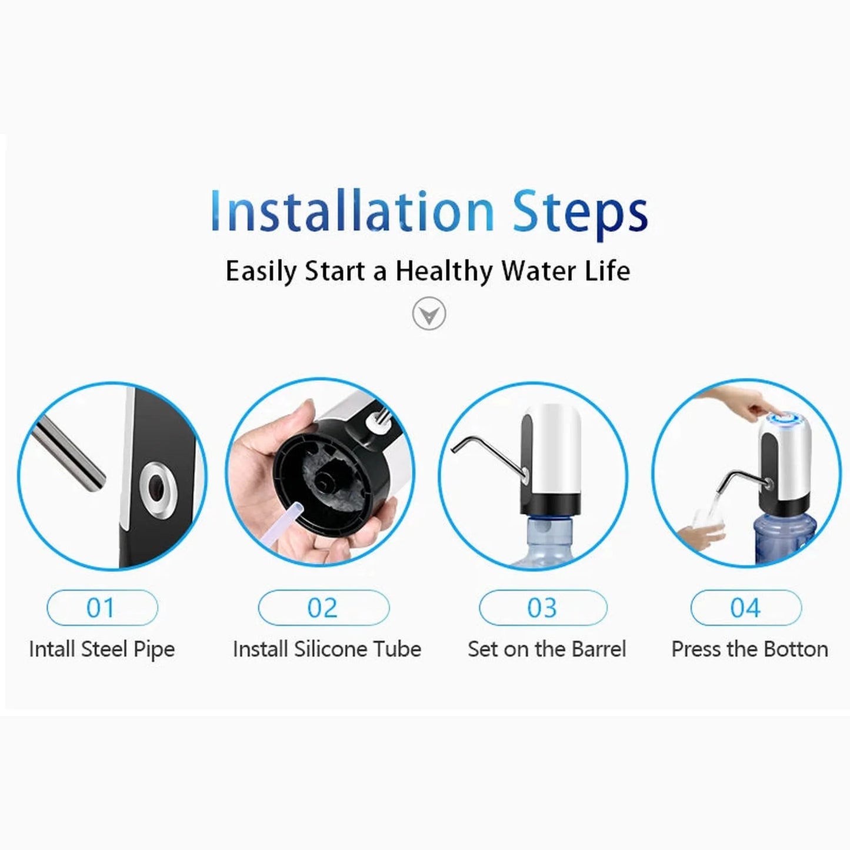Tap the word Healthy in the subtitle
click(444, 272)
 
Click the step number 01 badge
click(102, 608)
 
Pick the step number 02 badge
click(323, 608)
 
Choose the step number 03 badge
click(542, 608)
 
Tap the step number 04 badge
click(745, 608)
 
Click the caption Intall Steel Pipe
click(102, 649)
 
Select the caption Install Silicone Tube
click(327, 649)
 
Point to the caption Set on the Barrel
click(546, 649)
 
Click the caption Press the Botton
click(749, 649)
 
